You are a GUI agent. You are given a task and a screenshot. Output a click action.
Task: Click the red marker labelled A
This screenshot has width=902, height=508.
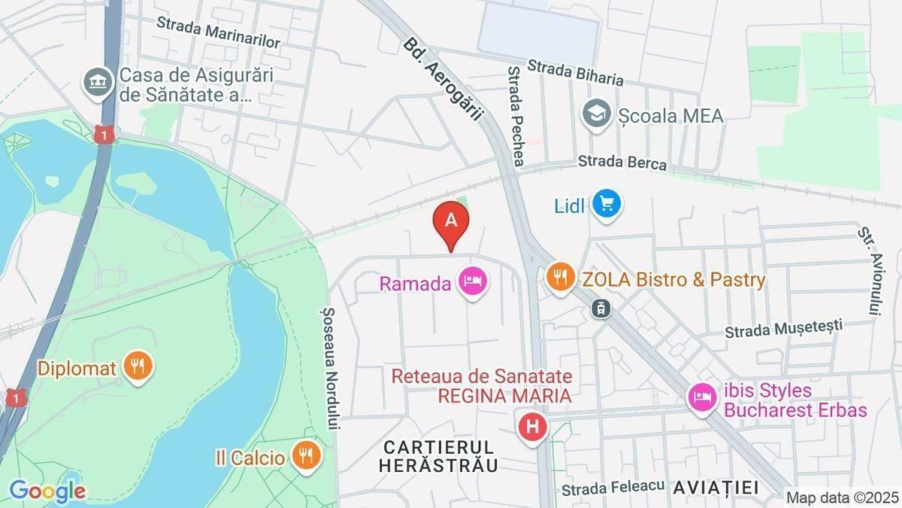tap(452, 221)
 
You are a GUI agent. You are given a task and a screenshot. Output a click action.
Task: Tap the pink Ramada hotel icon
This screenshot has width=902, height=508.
tap(473, 283)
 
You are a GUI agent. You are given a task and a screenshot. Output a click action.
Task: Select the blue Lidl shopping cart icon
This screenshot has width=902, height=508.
tap(606, 204)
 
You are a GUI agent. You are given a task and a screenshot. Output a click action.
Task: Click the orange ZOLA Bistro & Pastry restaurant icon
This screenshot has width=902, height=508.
tap(559, 277)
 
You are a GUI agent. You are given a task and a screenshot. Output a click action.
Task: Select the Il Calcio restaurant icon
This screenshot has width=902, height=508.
tap(306, 455)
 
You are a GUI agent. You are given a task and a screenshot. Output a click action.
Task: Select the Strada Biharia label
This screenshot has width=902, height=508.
tap(575, 72)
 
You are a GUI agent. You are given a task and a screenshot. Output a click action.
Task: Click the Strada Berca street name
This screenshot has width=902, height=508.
tap(622, 163)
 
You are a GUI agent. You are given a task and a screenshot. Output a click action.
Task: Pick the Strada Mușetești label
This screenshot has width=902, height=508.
tap(783, 328)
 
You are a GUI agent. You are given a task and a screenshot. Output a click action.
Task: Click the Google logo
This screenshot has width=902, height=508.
tap(47, 491)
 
